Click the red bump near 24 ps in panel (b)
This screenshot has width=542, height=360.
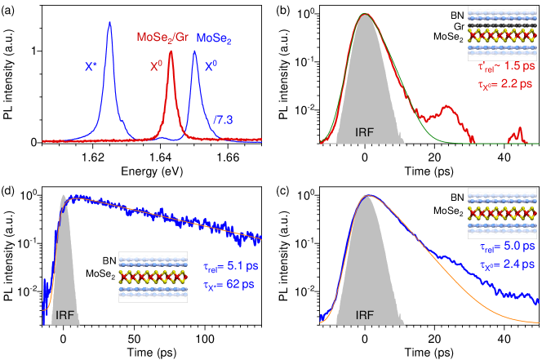pos(446,107)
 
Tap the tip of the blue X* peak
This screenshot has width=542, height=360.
pos(109,23)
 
